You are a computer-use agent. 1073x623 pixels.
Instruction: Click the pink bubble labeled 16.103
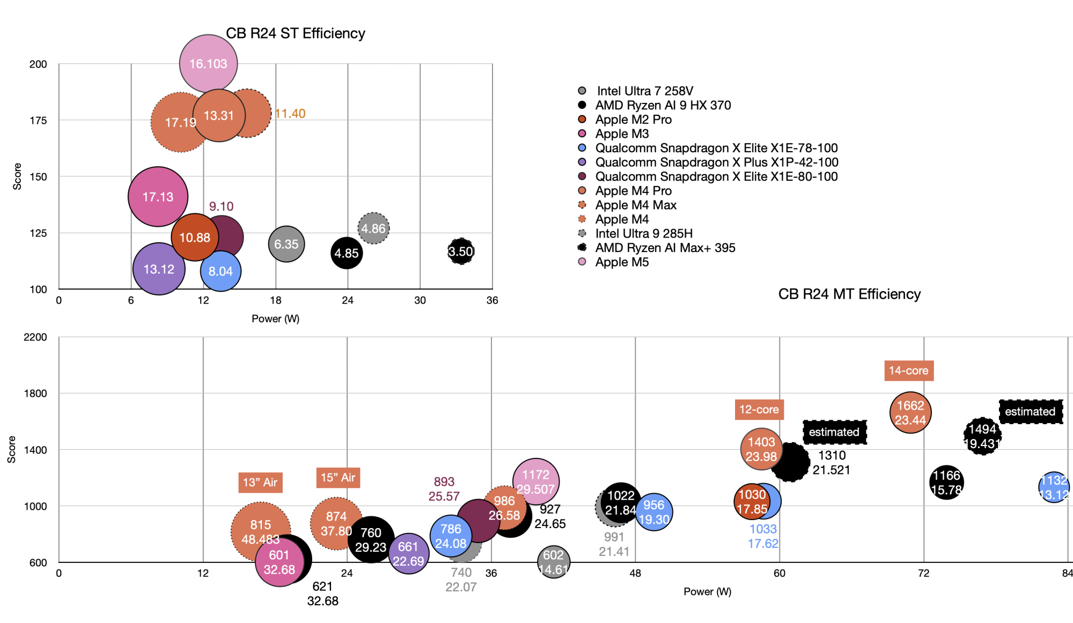208,63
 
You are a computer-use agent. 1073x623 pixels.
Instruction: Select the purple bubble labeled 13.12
159,269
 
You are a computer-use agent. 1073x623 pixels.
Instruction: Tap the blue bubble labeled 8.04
221,271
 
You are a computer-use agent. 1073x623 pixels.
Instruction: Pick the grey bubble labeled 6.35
286,244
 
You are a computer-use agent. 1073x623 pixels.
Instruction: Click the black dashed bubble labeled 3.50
461,251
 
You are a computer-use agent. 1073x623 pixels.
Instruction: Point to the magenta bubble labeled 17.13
158,197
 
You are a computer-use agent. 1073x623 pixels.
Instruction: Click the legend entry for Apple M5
622,262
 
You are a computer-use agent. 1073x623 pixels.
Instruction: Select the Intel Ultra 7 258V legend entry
644,91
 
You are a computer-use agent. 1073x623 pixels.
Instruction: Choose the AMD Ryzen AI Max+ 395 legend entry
665,248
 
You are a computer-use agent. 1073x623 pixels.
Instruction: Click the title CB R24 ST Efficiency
295,33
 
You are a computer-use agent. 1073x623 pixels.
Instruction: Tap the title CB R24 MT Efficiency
849,294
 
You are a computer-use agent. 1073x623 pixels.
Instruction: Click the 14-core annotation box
908,370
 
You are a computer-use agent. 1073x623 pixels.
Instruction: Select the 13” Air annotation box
260,482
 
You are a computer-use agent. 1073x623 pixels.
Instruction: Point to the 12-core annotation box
759,410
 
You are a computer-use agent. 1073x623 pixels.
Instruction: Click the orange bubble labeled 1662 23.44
910,413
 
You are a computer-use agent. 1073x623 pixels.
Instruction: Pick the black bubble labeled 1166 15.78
946,483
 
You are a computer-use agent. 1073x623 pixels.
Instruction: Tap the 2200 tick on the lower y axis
35,337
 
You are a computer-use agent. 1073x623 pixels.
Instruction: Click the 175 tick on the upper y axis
38,121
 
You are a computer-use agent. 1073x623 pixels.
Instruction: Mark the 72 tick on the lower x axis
923,573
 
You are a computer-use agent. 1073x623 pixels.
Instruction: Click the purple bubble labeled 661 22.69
408,554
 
